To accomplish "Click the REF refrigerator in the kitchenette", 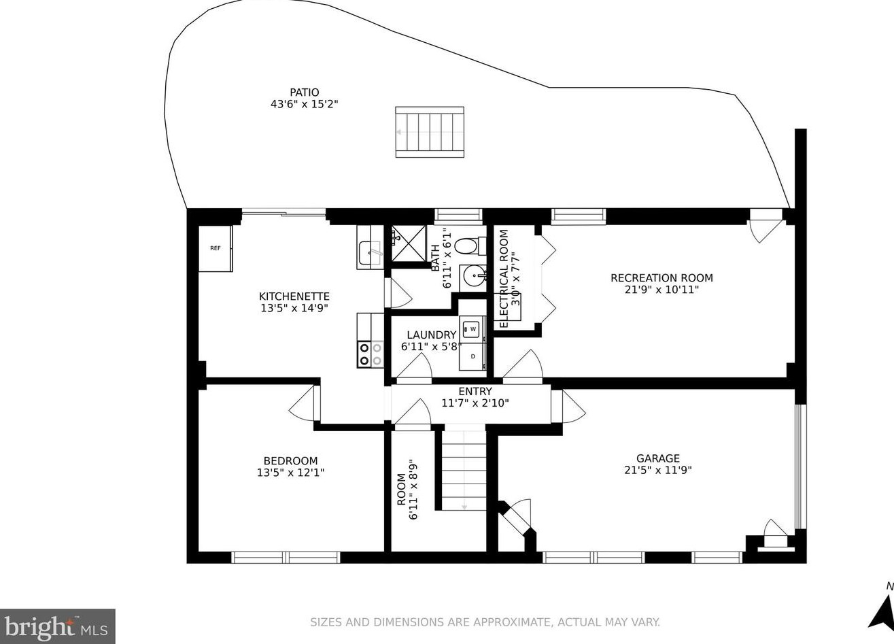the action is tap(216, 248).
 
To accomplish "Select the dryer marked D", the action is tap(472, 356).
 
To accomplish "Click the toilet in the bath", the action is tap(470, 246).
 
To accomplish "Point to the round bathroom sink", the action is tap(473, 275).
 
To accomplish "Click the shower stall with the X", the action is tap(409, 243).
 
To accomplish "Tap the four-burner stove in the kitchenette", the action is tap(371, 354).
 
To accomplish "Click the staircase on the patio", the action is tap(430, 132).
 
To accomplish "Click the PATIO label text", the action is tap(304, 92).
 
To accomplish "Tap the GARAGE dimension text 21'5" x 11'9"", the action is tap(657, 470).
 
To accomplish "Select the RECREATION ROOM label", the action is tap(661, 278).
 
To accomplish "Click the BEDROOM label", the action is tap(290, 461).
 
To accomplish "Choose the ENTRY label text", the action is tap(475, 391).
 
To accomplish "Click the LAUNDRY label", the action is tap(432, 335).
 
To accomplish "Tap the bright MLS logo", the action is tap(58, 626).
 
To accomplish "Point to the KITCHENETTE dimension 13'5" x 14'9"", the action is tap(294, 308).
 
